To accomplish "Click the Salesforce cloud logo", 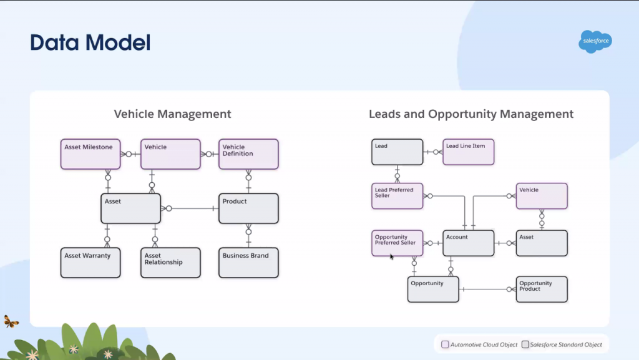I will (x=595, y=42).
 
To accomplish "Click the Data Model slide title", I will (x=90, y=42).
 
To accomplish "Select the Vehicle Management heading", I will (x=172, y=114).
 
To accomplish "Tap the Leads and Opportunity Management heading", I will (x=471, y=114).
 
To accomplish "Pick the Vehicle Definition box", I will (x=248, y=154).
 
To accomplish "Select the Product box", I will (x=248, y=208).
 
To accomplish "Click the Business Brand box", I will (x=248, y=263).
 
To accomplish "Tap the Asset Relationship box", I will (x=170, y=263).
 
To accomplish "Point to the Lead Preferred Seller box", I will (x=397, y=196).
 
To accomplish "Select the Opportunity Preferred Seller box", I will (x=397, y=243).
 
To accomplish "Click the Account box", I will (x=468, y=243).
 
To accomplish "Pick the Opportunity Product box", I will (x=542, y=289).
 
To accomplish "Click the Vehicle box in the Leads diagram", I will (x=542, y=196).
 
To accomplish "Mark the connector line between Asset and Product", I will (x=193, y=208).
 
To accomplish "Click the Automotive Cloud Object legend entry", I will (x=479, y=344).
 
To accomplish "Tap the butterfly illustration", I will (x=11, y=321).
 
